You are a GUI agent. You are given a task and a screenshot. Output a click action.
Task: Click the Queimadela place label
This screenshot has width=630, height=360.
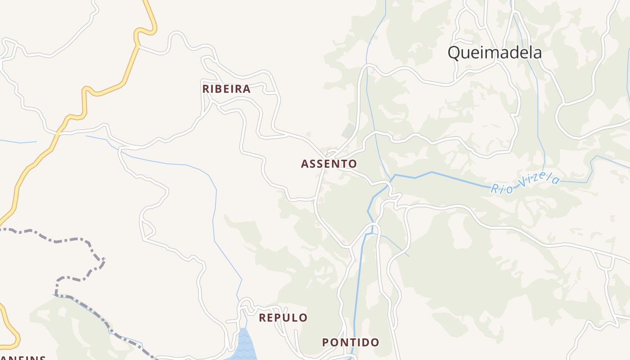tap(494, 53)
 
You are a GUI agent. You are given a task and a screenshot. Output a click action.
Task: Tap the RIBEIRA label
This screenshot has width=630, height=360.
tap(226, 89)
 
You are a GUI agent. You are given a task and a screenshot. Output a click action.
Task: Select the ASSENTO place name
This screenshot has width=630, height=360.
tap(329, 164)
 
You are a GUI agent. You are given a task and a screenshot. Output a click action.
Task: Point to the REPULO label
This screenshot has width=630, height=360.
tap(283, 318)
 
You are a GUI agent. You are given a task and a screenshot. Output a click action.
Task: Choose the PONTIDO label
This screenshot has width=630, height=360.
tap(351, 342)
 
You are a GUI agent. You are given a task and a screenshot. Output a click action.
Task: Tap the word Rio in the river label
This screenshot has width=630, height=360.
tap(502, 189)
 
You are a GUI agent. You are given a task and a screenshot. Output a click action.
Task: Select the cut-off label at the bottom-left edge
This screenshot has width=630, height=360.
tap(22, 358)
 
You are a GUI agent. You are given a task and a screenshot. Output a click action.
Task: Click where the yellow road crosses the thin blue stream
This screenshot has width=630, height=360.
tap(57, 134)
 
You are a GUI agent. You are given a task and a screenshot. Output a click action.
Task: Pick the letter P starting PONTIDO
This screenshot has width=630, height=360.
tap(325, 342)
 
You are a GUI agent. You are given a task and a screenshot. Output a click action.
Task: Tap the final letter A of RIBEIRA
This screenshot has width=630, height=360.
tap(247, 89)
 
